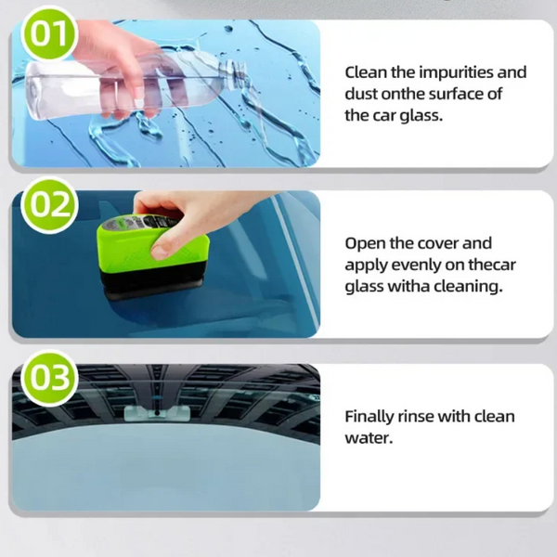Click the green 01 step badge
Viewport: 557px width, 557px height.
coord(49,33)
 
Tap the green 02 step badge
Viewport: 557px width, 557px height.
coord(49,205)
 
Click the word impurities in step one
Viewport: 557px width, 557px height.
coord(456,72)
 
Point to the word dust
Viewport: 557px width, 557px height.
coord(361,94)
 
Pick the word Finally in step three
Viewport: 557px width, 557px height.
coord(369,417)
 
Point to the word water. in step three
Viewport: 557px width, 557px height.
coord(369,438)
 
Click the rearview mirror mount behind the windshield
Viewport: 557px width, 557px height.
coord(157,413)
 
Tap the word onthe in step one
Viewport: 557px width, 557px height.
coord(403,94)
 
